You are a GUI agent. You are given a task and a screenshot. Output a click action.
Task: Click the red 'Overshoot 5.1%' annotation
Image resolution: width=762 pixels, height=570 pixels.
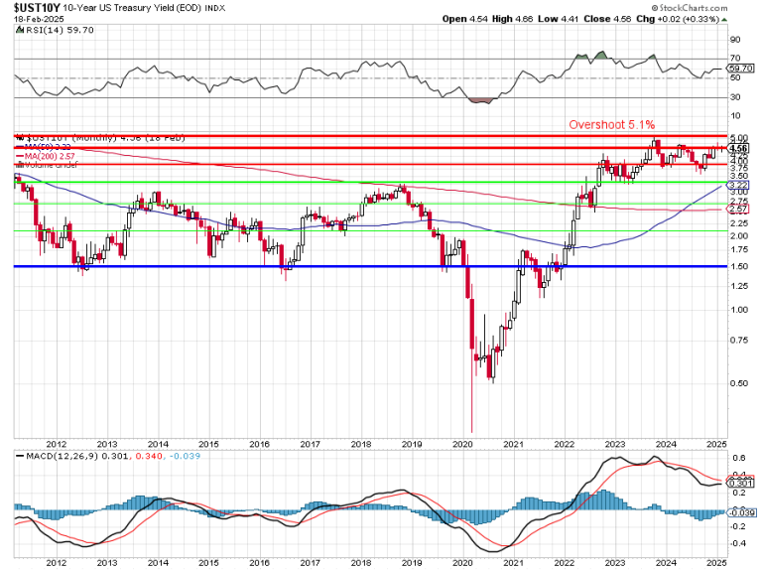pyautogui.click(x=611, y=124)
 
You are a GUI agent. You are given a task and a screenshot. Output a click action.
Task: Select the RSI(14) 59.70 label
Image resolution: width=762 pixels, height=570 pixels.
pyautogui.click(x=51, y=31)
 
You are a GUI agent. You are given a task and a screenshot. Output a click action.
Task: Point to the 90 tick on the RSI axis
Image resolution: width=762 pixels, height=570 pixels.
pyautogui.click(x=736, y=40)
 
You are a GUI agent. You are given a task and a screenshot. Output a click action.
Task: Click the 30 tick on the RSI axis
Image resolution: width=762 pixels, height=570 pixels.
pyautogui.click(x=736, y=96)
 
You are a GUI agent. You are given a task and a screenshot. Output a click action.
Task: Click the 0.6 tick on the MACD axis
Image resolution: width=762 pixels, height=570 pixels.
pyautogui.click(x=738, y=459)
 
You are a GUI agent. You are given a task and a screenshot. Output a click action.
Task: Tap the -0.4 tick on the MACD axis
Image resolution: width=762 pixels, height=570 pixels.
pyautogui.click(x=740, y=542)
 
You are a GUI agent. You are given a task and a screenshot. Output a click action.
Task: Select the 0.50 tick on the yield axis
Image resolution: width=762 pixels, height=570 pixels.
pyautogui.click(x=738, y=383)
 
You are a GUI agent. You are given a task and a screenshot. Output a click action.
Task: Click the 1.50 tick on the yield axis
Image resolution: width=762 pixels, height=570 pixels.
pyautogui.click(x=738, y=267)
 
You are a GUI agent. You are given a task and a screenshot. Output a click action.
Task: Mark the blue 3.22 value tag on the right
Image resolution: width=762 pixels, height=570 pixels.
pyautogui.click(x=738, y=185)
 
